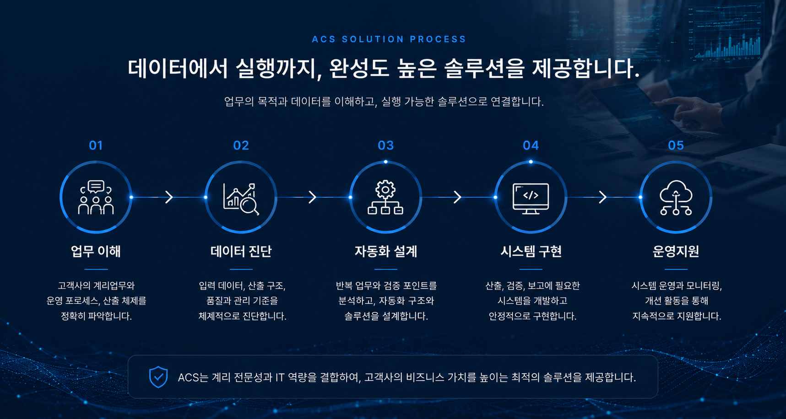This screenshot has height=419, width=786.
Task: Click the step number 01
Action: [x=96, y=145]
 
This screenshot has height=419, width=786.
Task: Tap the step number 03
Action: [x=385, y=145]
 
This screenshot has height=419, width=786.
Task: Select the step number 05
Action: [x=676, y=145]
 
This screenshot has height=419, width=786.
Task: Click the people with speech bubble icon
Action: [x=96, y=198]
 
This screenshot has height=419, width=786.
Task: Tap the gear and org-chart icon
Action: [x=385, y=198]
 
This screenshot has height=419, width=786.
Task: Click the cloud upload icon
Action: [x=676, y=198]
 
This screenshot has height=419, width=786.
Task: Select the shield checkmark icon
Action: [x=158, y=377]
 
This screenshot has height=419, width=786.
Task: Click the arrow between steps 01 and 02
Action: [x=169, y=197]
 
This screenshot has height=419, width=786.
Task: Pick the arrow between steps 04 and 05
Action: [x=603, y=197]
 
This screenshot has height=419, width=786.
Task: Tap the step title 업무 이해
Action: [x=96, y=251]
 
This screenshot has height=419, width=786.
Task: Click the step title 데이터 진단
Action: [x=241, y=251]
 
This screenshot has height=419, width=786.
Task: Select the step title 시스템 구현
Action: [x=531, y=251]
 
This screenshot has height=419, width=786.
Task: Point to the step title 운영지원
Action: [x=676, y=251]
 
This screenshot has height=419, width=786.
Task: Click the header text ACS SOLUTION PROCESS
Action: [x=389, y=39]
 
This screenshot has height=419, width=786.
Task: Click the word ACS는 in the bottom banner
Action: [x=192, y=377]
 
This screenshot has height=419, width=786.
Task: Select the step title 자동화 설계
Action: [x=385, y=251]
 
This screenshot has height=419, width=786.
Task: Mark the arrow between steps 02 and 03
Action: [x=313, y=197]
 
